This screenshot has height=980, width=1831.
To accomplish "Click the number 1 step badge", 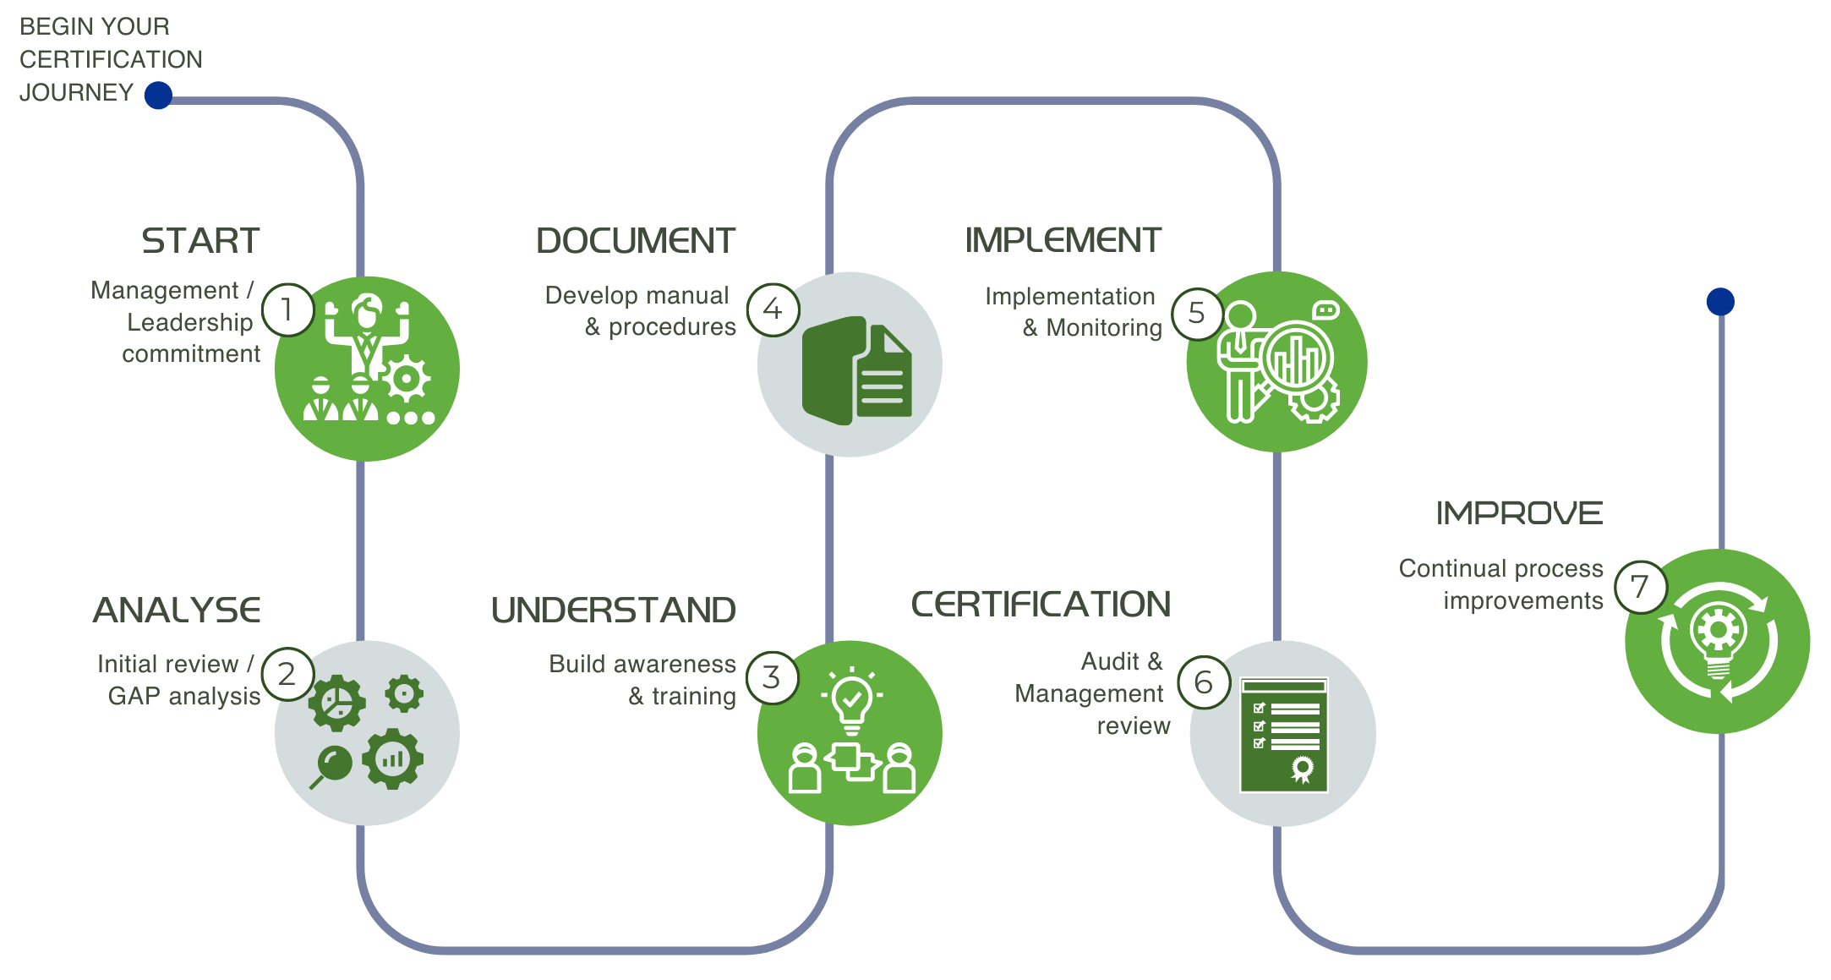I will tap(287, 310).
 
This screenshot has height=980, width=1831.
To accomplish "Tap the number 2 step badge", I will tap(287, 675).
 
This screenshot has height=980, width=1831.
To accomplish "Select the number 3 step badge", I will tap(772, 677).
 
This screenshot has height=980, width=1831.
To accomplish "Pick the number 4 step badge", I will tap(773, 309).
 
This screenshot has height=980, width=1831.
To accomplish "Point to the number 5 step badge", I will tap(1197, 314).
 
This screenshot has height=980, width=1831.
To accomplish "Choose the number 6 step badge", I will tap(1204, 682).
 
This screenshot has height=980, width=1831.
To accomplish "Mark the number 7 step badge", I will tap(1640, 586).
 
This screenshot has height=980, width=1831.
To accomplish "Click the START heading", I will tap(200, 241).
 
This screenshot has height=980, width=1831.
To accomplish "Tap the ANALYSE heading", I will tap(178, 610).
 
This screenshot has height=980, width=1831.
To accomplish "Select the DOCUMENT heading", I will tap(636, 241).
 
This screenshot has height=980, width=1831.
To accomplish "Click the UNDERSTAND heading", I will tap(614, 610).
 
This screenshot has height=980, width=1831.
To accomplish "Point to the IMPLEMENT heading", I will tap(1063, 240).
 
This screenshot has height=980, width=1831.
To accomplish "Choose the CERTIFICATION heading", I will tap(1041, 605).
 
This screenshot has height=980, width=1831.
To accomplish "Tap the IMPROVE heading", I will tap(1519, 513).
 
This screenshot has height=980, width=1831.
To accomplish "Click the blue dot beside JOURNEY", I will tap(158, 95).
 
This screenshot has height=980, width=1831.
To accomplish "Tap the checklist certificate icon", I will tap(1283, 734).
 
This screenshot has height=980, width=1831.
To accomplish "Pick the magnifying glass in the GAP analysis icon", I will tap(332, 766).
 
